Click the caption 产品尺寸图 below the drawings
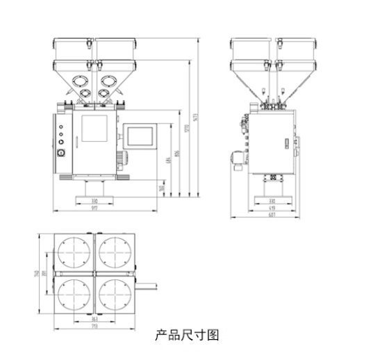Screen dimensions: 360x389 pos(186,335)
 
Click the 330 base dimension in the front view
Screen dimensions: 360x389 pos(96,202)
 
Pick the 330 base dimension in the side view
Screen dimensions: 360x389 pos(272,202)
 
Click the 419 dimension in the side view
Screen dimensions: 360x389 pos(272,208)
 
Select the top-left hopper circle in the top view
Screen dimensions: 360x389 pos(74,254)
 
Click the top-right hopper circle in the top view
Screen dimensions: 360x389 pos(114,254)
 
